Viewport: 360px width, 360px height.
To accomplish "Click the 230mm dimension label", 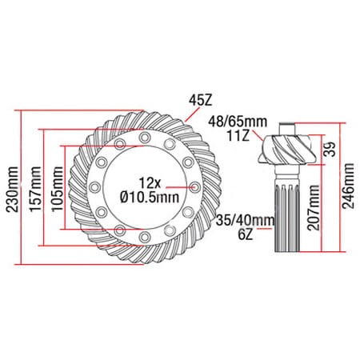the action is [13, 190].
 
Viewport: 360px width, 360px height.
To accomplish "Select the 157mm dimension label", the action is [35, 190].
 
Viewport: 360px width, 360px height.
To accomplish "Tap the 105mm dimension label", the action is [58, 190].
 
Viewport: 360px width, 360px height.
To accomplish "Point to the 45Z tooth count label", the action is [200, 101].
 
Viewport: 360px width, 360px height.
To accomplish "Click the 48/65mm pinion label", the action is [238, 122].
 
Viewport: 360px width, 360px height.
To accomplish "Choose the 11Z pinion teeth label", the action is [238, 135].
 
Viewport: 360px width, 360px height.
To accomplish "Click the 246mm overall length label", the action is [349, 186].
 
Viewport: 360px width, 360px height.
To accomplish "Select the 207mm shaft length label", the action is [314, 207].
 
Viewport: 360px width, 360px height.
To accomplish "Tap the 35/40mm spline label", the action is [246, 221].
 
